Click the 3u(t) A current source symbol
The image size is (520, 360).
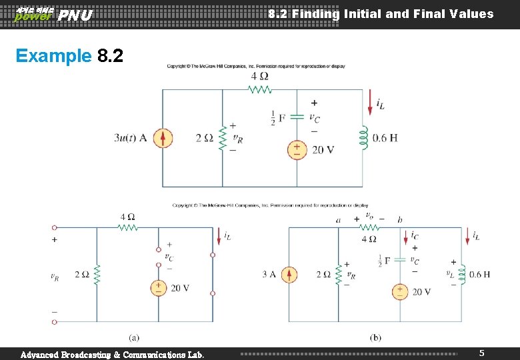163,138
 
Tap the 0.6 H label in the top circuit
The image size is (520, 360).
385,138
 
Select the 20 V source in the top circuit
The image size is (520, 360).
297,150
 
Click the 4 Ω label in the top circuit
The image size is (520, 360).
260,77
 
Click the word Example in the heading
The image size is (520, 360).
53,55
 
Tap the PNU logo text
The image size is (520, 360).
75,15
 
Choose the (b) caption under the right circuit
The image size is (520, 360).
375,338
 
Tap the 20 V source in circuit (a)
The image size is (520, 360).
159,288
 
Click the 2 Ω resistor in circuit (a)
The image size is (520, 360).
97,274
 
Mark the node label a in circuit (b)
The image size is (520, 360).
339,219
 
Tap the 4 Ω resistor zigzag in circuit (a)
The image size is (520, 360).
127,227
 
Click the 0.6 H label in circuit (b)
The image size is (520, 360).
480,274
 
